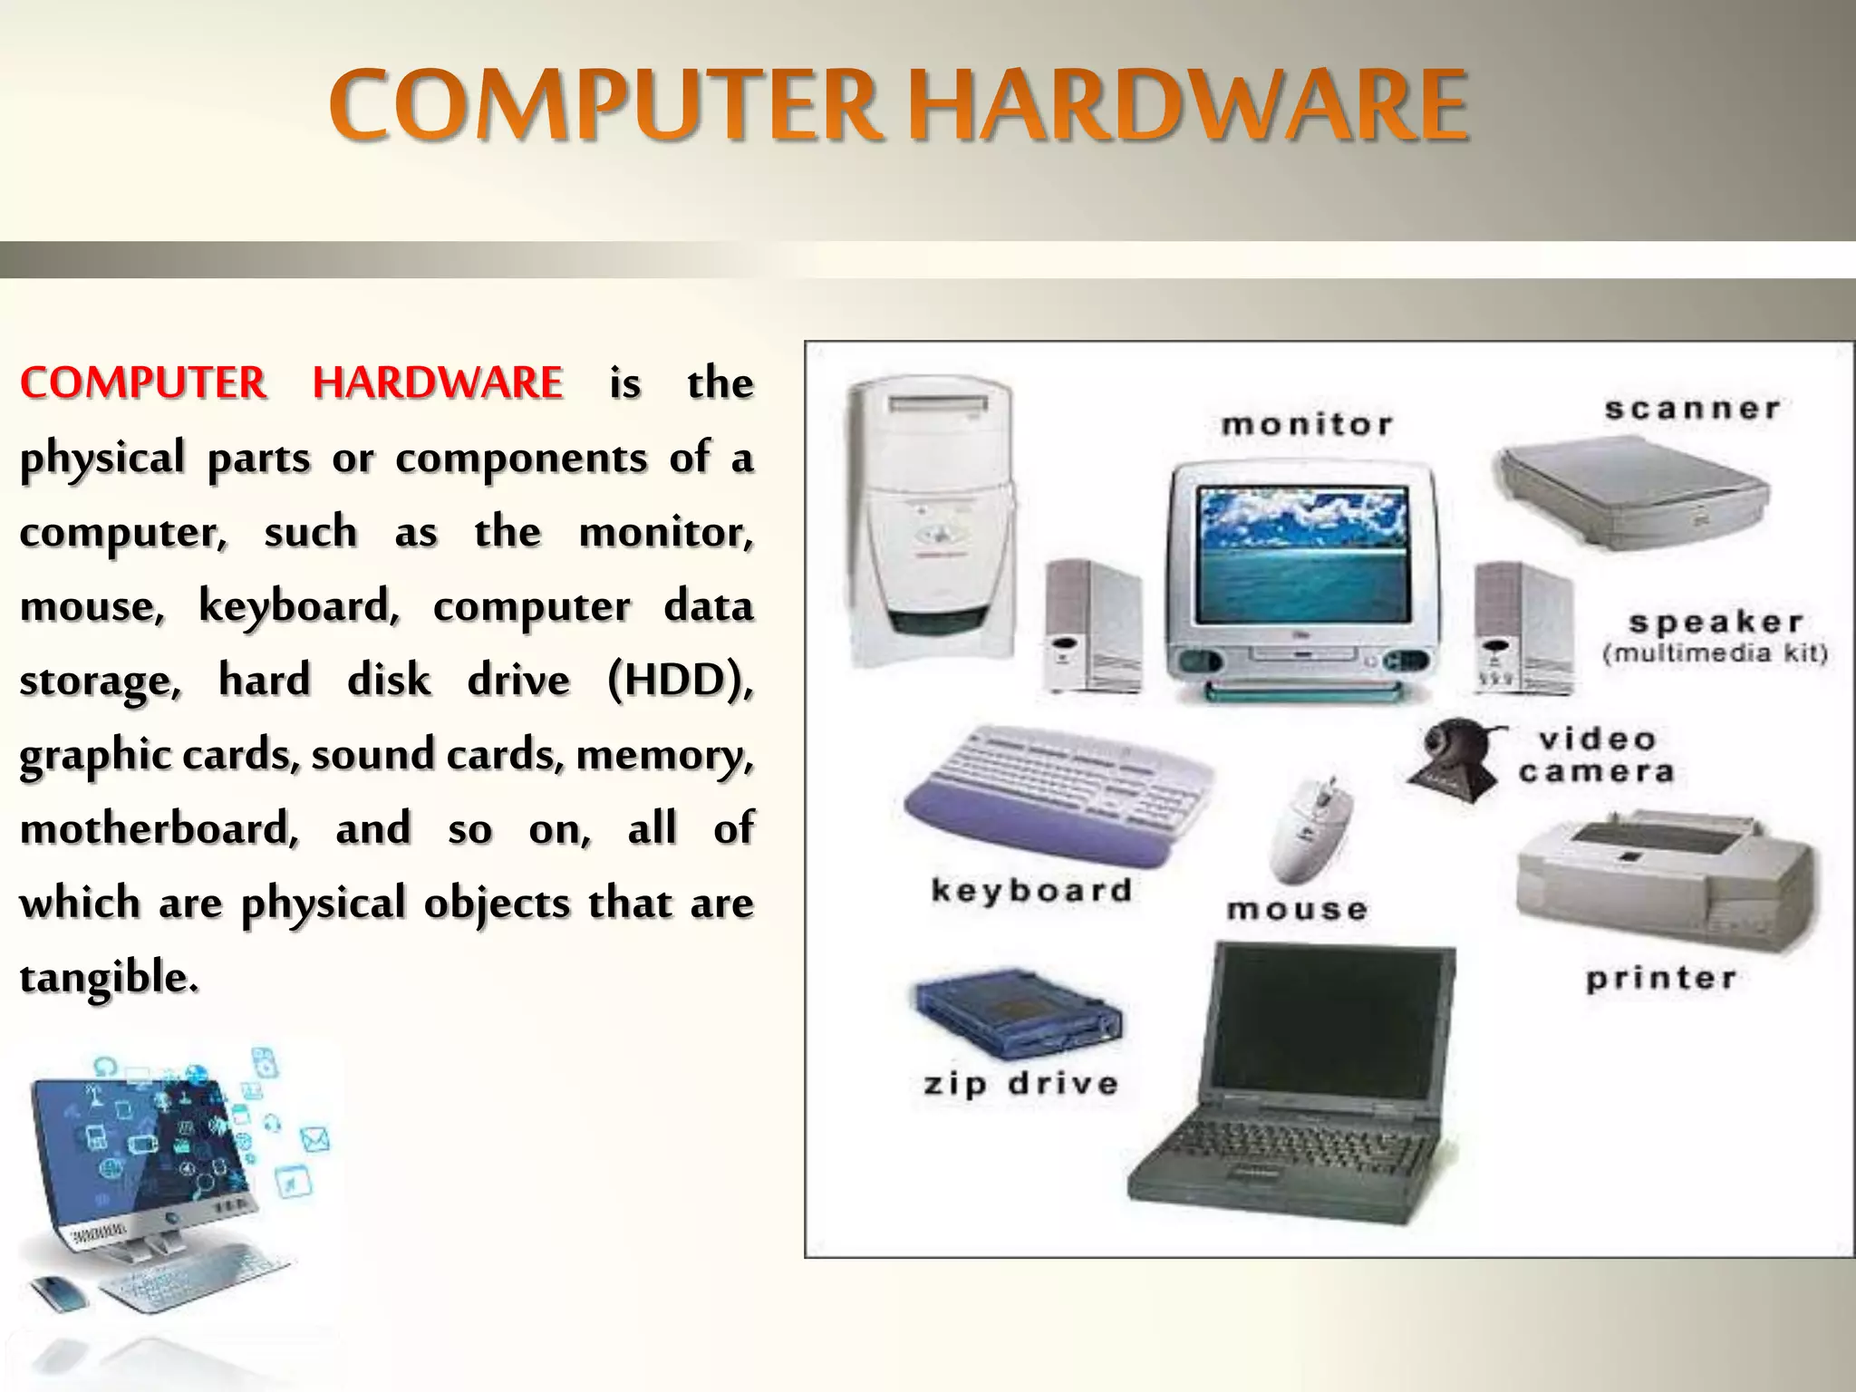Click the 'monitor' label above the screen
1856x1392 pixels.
click(1307, 424)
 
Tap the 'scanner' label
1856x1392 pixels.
click(1692, 409)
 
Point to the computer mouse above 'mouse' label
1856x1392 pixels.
click(1312, 828)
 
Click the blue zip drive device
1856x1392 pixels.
click(1016, 1011)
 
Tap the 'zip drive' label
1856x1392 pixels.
click(1020, 1084)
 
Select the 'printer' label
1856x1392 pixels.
click(1661, 979)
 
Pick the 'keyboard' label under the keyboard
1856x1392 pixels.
click(1031, 890)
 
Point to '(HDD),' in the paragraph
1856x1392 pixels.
click(680, 680)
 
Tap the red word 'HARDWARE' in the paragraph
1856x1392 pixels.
click(438, 382)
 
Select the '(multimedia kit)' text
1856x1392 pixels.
click(1715, 654)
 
